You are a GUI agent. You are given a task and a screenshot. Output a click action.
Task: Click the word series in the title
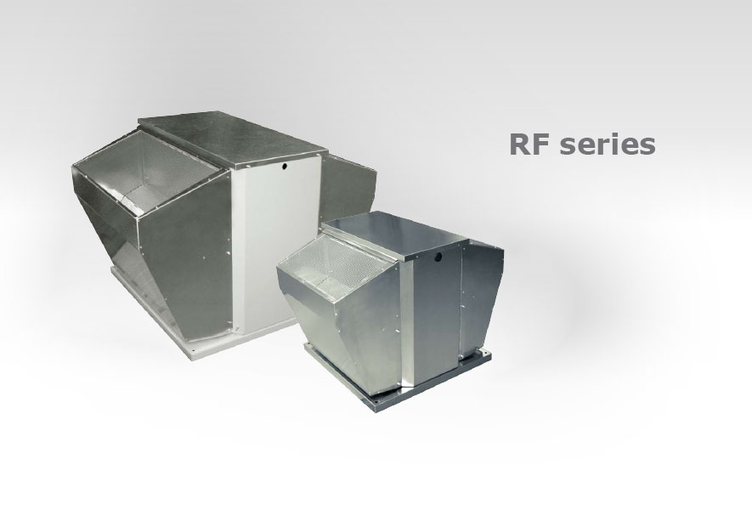(x=608, y=144)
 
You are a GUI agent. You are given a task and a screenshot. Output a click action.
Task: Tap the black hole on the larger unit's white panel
(x=284, y=167)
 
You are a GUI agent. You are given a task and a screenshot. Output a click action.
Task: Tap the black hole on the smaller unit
(x=438, y=258)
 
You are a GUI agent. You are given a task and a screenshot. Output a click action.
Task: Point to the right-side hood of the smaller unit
(x=481, y=297)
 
